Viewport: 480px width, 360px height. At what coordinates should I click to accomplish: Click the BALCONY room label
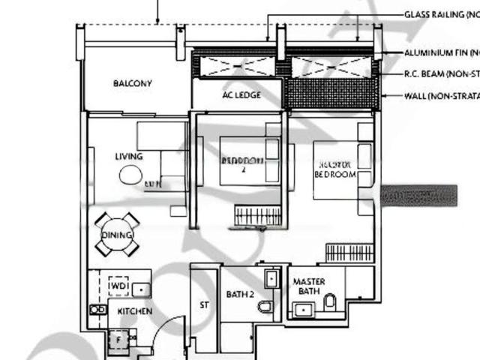[133, 83]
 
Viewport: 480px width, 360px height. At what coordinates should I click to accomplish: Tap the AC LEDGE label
[241, 95]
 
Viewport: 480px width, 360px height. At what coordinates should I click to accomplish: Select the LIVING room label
[129, 156]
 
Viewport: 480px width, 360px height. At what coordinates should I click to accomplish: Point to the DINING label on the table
[117, 235]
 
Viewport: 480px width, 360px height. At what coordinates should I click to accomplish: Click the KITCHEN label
[134, 310]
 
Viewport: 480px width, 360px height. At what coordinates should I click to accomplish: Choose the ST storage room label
[203, 305]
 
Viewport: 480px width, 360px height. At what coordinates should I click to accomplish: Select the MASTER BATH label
[309, 286]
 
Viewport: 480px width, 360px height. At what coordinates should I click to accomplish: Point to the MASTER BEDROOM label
[334, 169]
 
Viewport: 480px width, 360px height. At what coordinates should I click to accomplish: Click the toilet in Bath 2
[265, 306]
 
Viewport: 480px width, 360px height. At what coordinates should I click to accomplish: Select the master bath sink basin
[304, 309]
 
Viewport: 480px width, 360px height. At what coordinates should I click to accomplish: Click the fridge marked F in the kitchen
[118, 339]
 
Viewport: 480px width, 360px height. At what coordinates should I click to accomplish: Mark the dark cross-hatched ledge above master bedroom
[331, 93]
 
